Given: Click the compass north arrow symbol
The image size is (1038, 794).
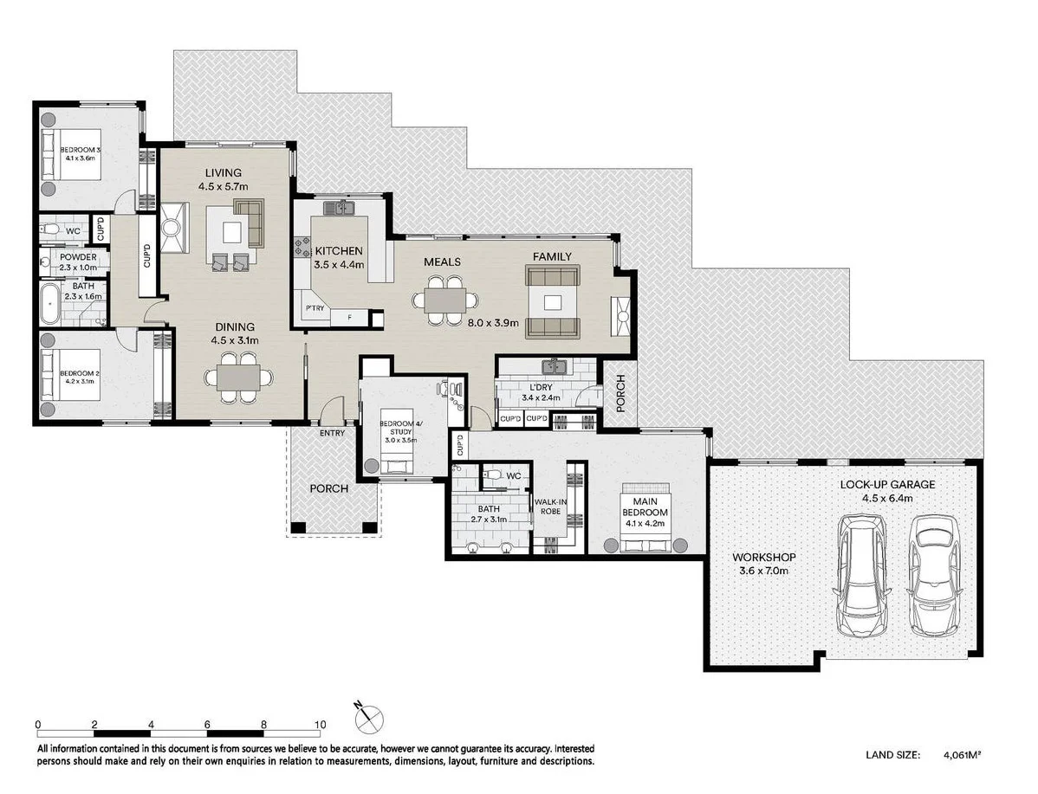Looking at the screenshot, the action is tap(369, 717).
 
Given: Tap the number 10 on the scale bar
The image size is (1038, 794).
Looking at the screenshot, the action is tap(321, 725).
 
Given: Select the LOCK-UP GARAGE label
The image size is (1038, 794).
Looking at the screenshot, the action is tap(888, 484).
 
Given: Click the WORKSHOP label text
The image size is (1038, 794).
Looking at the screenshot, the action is tap(764, 558).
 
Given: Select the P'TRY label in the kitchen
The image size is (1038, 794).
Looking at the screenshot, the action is tap(315, 308).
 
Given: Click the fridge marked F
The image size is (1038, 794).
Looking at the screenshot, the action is tap(350, 319).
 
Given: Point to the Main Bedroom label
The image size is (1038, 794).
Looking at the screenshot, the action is tap(645, 507).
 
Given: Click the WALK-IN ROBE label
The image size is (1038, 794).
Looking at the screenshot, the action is tap(550, 507).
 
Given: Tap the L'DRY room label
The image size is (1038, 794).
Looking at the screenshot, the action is tap(541, 387).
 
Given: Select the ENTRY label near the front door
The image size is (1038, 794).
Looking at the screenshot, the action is tap(332, 434).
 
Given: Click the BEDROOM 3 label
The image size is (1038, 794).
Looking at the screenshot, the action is tap(80, 150).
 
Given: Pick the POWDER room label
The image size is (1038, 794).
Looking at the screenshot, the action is tap(78, 256).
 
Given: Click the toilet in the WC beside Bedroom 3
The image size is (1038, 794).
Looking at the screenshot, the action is tap(48, 230).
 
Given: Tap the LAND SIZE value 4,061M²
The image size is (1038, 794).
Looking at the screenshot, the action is tap(962, 754).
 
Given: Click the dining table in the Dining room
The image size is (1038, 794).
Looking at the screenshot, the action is tap(238, 378).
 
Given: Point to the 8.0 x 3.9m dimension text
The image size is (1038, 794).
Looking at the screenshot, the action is tap(492, 323).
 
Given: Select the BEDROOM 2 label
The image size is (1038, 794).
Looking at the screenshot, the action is tap(80, 374).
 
